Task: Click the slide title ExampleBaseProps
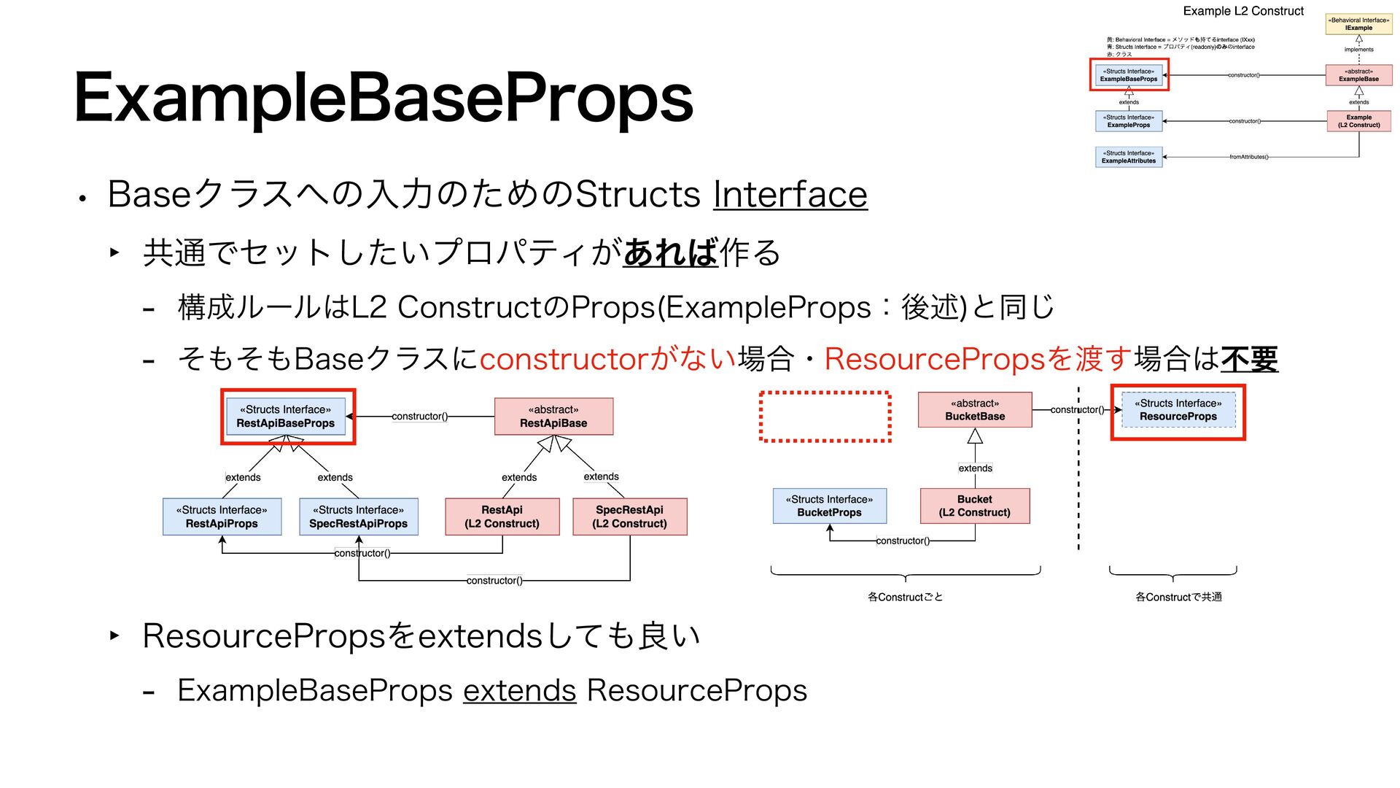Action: tap(384, 98)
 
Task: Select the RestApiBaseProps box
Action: tap(286, 417)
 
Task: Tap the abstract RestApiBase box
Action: tap(553, 417)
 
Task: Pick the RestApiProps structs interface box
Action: tap(222, 517)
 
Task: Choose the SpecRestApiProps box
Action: tap(358, 517)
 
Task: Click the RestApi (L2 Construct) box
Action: tap(502, 517)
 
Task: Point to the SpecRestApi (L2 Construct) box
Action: tap(629, 517)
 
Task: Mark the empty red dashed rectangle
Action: tap(825, 417)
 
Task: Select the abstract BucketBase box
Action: tap(975, 410)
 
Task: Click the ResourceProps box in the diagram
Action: tap(1178, 410)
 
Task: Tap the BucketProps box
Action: tap(829, 506)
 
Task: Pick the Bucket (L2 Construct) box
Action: tap(975, 506)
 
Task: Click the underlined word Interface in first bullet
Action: tap(790, 194)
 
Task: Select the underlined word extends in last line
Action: tap(519, 690)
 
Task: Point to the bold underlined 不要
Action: tap(1249, 359)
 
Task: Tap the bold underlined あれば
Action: tap(671, 252)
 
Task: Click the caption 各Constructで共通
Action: tap(1178, 597)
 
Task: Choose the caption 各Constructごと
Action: tap(905, 597)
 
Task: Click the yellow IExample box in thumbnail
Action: tap(1358, 24)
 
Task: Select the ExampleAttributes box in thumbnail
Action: tap(1128, 157)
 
